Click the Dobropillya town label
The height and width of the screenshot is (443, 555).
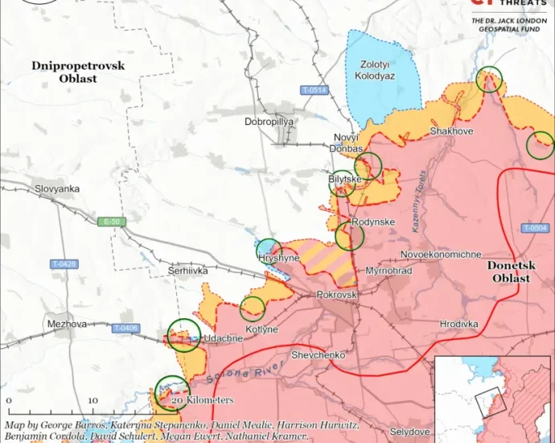point(269,122)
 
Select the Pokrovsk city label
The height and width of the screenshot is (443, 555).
point(336,296)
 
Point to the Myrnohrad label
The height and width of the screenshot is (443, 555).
point(388,271)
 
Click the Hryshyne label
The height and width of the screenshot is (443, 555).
point(279,258)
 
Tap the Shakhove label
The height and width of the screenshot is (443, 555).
point(451,130)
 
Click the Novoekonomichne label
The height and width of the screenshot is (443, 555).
point(441,255)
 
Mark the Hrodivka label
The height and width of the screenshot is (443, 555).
point(458,323)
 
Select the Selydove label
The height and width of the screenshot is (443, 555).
point(412,433)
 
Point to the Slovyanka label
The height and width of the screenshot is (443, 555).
point(57,188)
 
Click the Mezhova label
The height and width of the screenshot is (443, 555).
point(67,324)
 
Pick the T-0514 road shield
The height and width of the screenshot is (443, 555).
point(314,89)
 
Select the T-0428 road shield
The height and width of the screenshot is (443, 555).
point(64,264)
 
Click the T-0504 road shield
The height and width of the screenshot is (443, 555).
point(535,229)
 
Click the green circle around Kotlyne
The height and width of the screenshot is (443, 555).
point(253,308)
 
